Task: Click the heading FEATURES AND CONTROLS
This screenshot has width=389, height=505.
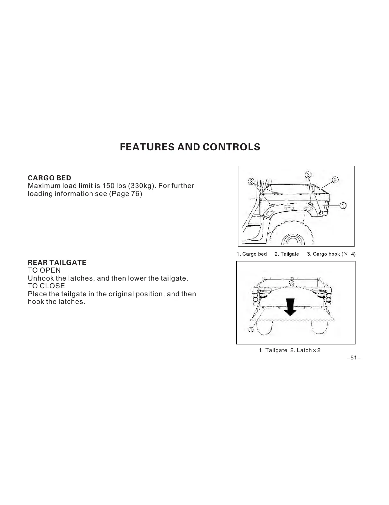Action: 190,147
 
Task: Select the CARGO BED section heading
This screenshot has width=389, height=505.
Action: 49,178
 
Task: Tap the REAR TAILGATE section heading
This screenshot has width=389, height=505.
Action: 57,263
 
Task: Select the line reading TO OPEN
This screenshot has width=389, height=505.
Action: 44,270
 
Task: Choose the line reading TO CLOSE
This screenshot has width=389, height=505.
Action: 46,286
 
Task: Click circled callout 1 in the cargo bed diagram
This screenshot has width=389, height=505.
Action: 343,206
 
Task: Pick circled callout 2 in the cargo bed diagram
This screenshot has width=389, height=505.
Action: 335,180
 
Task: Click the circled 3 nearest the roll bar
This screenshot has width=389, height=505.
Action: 251,182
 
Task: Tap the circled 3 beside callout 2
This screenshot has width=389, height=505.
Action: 308,175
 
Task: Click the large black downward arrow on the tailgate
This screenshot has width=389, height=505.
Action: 290,307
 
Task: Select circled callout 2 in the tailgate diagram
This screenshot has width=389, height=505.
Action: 291,283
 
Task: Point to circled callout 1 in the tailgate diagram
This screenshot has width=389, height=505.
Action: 251,330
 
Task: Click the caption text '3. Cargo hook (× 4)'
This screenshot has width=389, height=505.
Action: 331,254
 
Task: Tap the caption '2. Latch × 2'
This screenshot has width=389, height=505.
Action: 305,350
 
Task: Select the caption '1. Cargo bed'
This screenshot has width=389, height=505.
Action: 251,254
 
